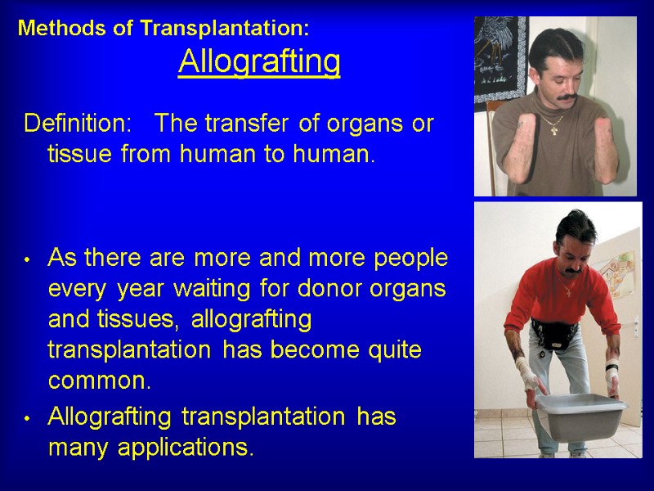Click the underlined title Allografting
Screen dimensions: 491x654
(259, 61)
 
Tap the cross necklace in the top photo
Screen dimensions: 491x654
(555, 128)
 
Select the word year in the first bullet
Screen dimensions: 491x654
(140, 289)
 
